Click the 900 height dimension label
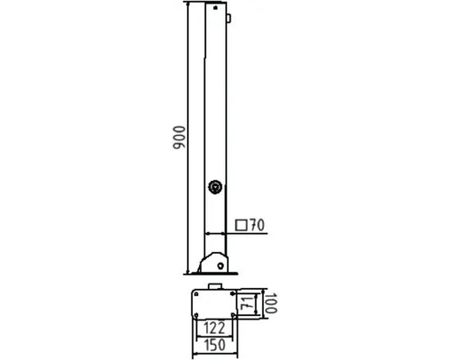coord(179,138)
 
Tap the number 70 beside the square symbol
coord(257,225)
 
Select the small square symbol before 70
coord(241,225)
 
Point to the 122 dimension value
coord(214,328)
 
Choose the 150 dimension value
coord(215,345)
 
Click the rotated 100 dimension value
coord(271,303)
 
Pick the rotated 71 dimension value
coord(247,304)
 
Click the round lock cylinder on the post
coord(215,187)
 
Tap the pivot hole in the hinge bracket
coord(220,265)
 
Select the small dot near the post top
coord(215,8)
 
